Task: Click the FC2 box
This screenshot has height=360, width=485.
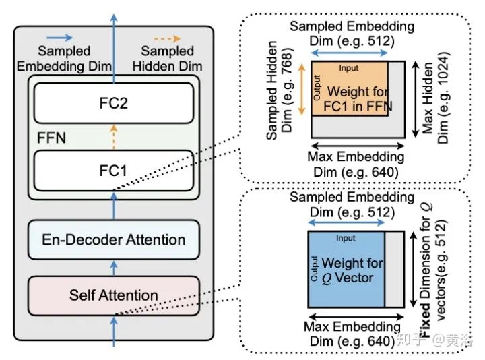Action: coord(113,104)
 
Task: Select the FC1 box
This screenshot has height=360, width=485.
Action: coord(113,171)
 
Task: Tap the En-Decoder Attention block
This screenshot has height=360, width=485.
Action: coord(113,239)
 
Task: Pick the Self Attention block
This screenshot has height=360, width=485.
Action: coord(113,295)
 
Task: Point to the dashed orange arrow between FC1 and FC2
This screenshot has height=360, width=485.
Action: coord(113,138)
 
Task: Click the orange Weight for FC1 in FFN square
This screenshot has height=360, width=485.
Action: coord(349,89)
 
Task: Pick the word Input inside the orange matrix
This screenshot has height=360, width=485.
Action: coord(348,69)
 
